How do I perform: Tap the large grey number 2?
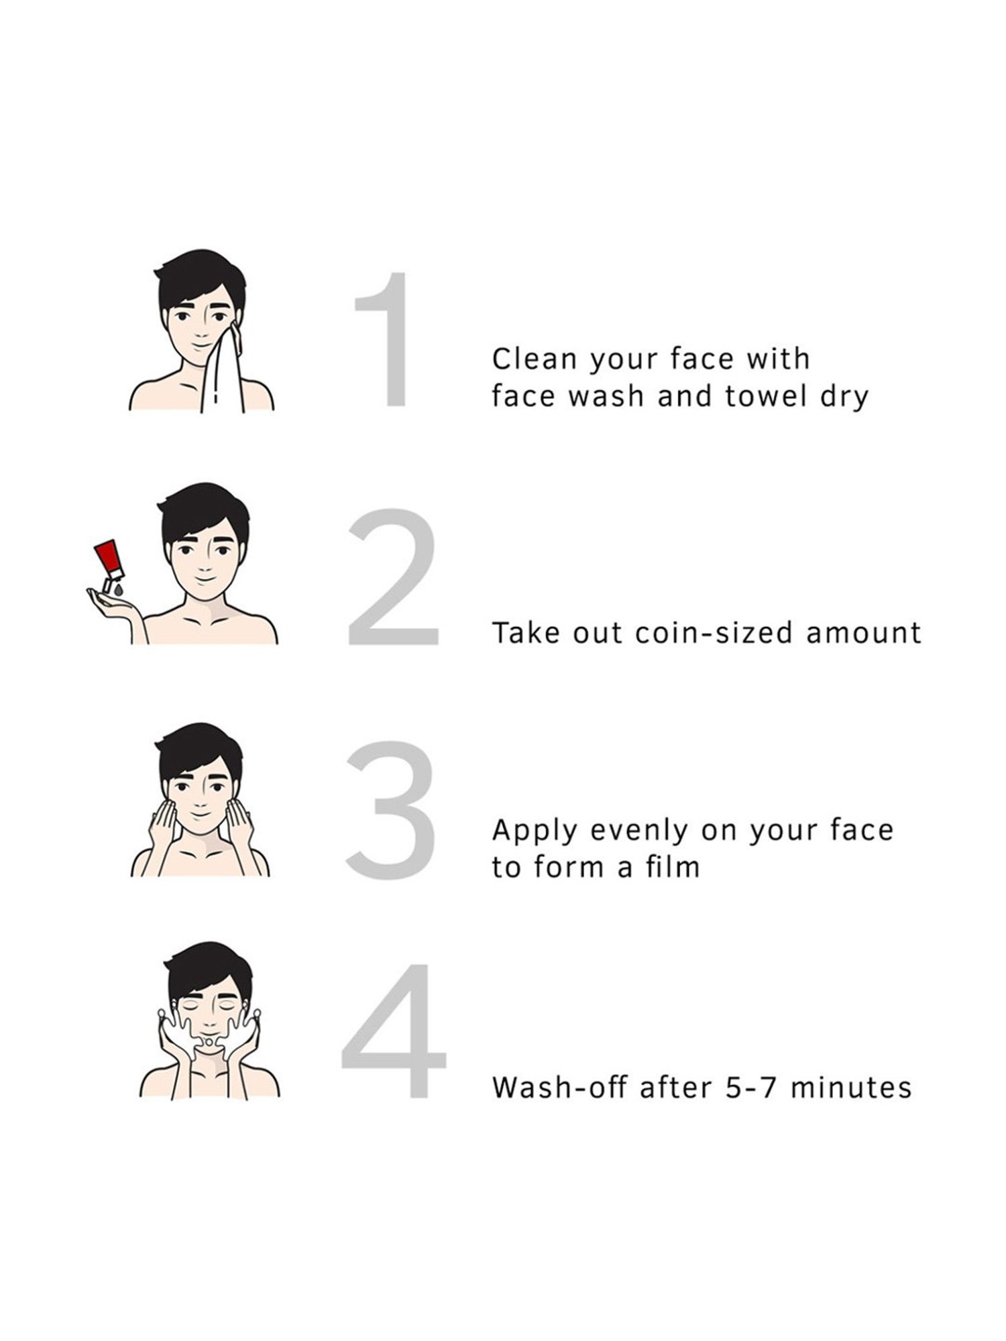393,577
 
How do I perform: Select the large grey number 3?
390,811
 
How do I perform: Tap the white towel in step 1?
223,369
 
